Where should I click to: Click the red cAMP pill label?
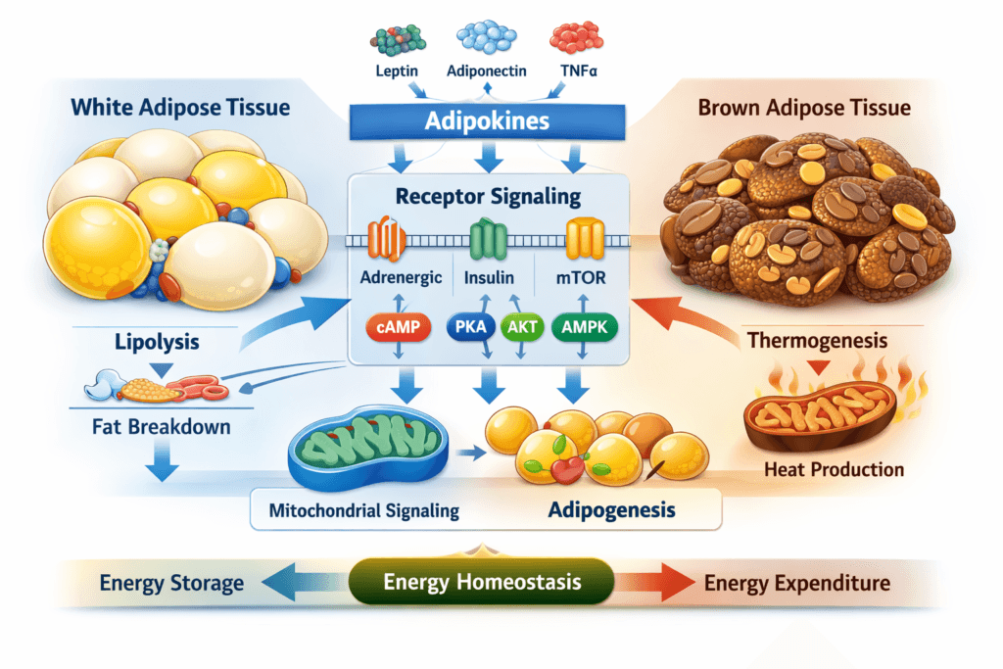(398, 328)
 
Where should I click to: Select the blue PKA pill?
(469, 328)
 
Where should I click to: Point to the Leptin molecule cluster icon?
(398, 39)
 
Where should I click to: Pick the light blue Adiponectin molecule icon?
(486, 37)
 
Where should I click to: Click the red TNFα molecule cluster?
(576, 37)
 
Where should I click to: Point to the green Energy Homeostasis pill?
(482, 583)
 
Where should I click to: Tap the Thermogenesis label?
(818, 341)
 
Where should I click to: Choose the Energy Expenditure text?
(797, 584)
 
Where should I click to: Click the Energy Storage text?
(171, 584)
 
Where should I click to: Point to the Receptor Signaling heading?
(488, 196)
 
